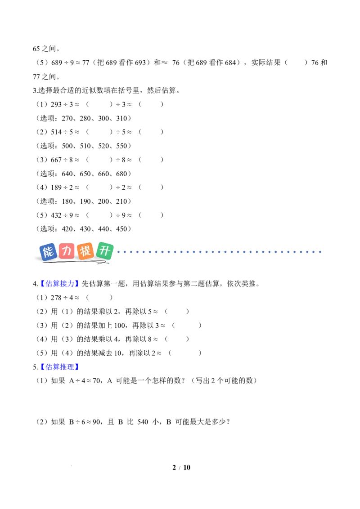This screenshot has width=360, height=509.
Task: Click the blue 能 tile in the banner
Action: coord(48,252)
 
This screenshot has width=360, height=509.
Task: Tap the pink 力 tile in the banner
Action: coord(67,251)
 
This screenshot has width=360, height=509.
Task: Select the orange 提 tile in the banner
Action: coord(85,251)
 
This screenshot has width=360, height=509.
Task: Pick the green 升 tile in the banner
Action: coord(104,250)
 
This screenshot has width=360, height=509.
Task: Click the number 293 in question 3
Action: coord(56,104)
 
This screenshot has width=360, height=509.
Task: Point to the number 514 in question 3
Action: coord(56,132)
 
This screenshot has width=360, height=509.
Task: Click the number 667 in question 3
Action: coord(56,160)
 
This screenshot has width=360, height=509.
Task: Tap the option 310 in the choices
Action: coord(121,119)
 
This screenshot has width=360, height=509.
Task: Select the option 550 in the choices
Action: coord(121,146)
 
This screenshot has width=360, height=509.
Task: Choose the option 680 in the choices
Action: coord(121,174)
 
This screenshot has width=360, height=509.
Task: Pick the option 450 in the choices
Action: coord(121,229)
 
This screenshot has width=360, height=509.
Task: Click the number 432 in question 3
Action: coord(56,215)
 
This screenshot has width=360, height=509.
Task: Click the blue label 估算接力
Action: coord(60,284)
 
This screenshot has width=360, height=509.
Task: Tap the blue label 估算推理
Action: coord(60,367)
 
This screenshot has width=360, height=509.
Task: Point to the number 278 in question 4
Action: coord(56,298)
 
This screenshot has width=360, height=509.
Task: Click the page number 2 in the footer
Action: coord(174,468)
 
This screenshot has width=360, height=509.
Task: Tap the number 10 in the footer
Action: coord(187,468)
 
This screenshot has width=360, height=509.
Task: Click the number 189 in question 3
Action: coord(56,188)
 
